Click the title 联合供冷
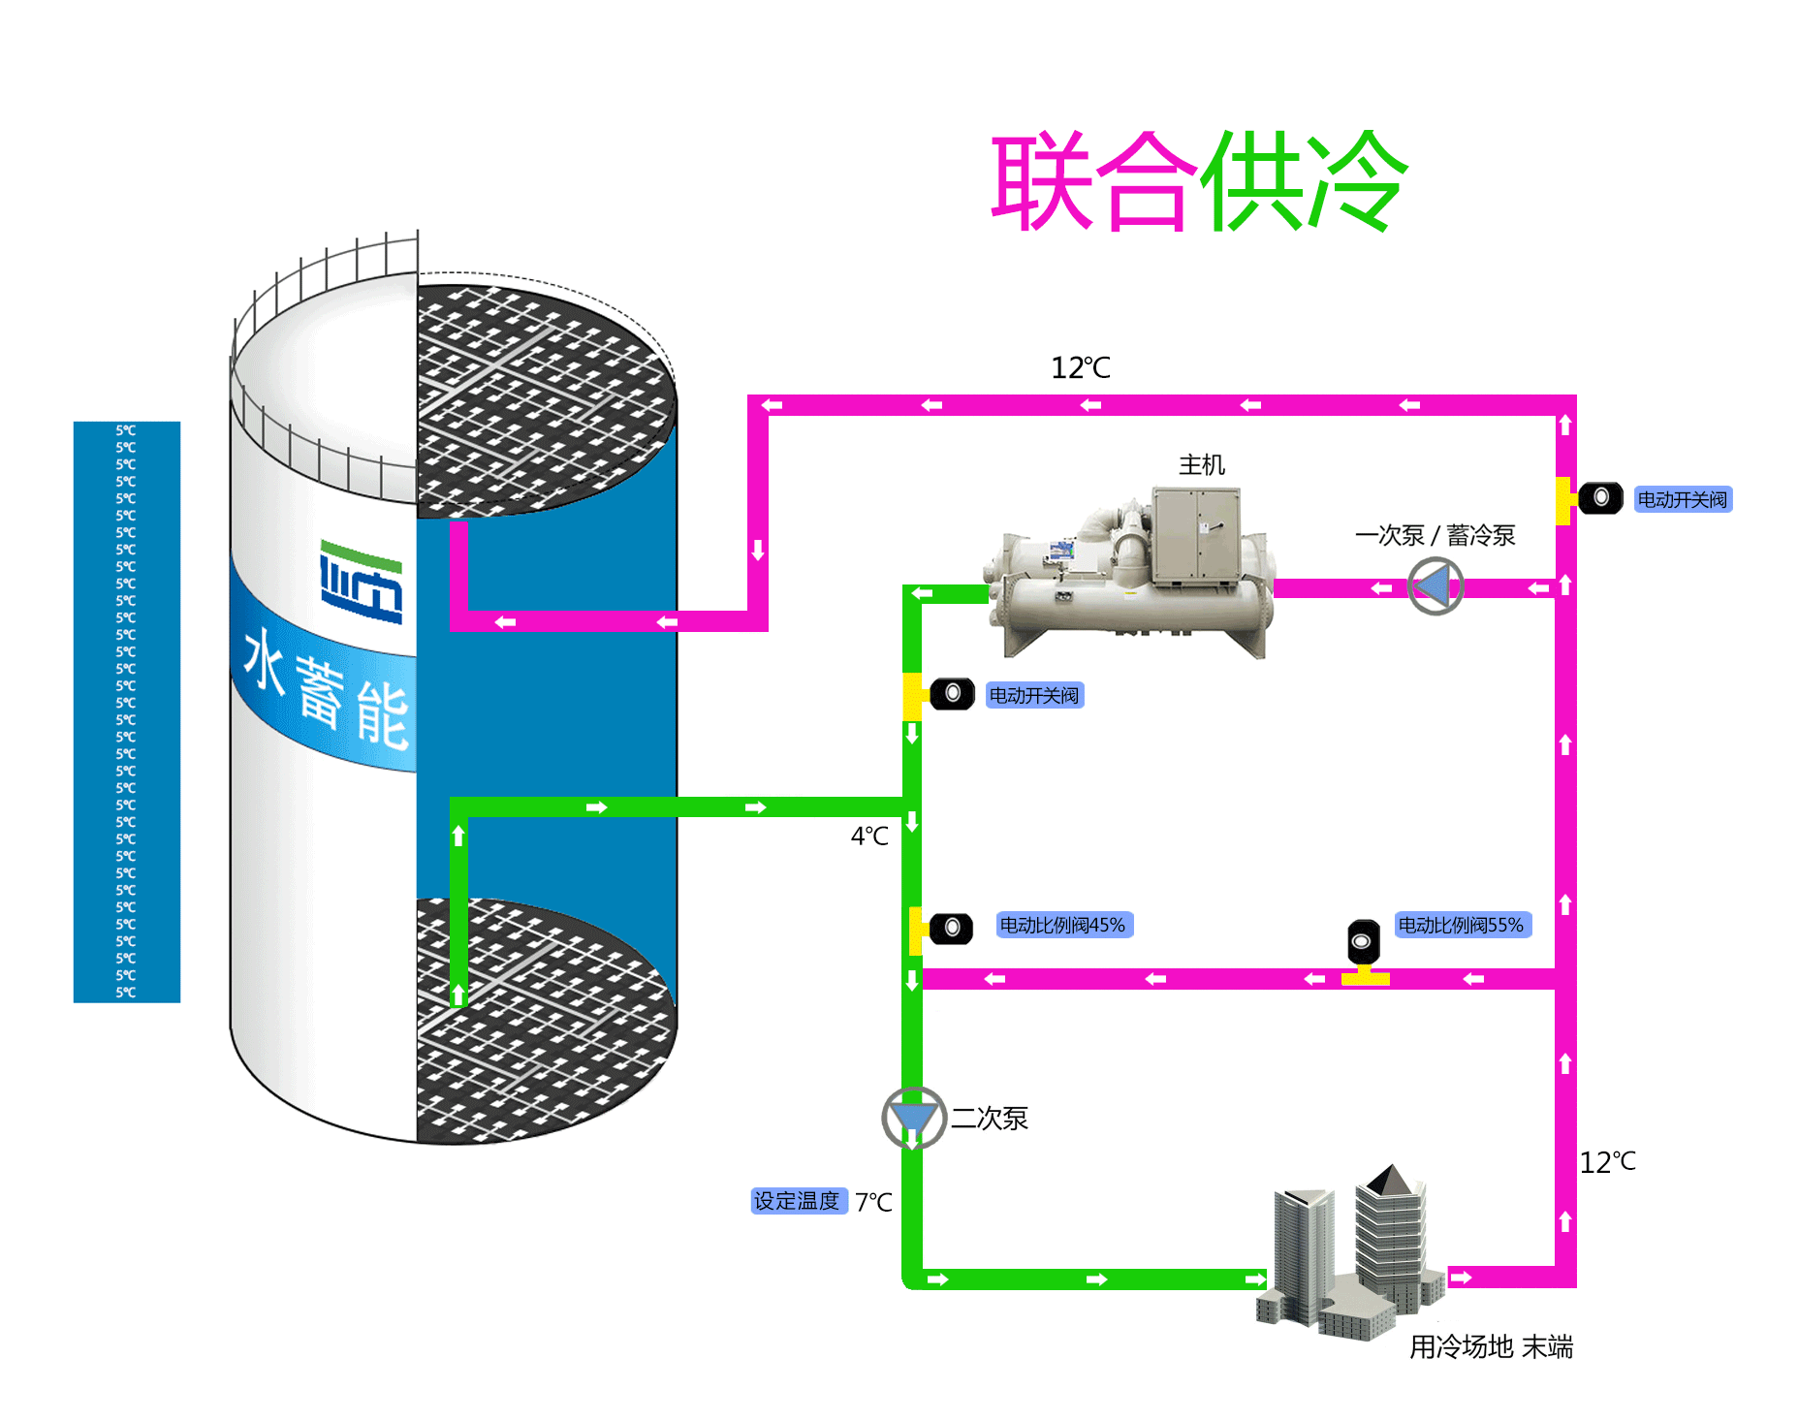pos(1199,181)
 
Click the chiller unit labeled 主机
pos(1129,572)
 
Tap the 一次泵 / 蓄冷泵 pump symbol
pos(1435,586)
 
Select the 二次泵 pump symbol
pos(913,1118)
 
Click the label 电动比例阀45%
pos(1063,925)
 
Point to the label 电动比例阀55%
pos(1462,925)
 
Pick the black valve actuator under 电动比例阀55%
pos(1364,941)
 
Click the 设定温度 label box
pos(798,1201)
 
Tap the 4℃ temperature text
pos(869,836)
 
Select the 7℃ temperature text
pos(873,1202)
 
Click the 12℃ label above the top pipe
pos(1081,367)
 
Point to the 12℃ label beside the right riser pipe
pos(1608,1161)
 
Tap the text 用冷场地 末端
pos(1491,1346)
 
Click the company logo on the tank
pos(362,581)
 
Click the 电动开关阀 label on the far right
pos(1683,499)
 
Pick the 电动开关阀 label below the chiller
pos(1034,695)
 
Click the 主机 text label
pos(1202,465)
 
